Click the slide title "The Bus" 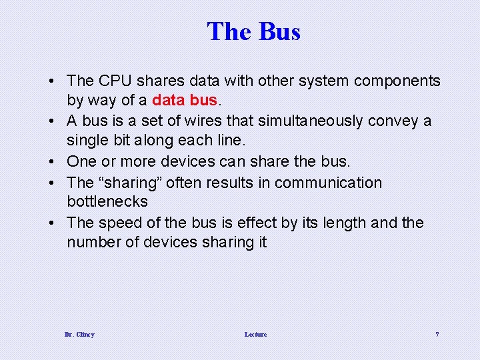click(x=253, y=31)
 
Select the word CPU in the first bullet click(x=115, y=81)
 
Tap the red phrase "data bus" click(x=185, y=101)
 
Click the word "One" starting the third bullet click(x=82, y=162)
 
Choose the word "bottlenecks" click(x=107, y=201)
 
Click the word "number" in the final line click(x=93, y=242)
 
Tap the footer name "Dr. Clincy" click(x=79, y=334)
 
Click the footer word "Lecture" click(x=255, y=334)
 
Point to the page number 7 click(x=437, y=334)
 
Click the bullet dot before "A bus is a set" click(x=52, y=121)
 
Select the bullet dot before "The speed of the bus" click(x=52, y=223)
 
